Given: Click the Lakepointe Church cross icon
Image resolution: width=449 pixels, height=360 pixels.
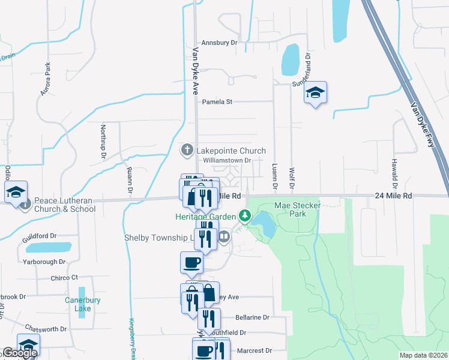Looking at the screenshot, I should point(187,149).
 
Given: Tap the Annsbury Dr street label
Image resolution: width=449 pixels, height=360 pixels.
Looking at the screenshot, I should point(220,43).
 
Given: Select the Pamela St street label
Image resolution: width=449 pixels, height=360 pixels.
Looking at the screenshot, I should point(217,102).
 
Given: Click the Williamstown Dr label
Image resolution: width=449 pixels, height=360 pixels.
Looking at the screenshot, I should point(226,160).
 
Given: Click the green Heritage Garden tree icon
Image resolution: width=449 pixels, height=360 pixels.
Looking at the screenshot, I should point(244,215).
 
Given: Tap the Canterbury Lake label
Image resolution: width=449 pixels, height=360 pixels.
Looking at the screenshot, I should point(78,304).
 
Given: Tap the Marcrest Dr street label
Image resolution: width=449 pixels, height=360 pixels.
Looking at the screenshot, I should point(254,350).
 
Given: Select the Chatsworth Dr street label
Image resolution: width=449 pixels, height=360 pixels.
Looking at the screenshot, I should point(46,329).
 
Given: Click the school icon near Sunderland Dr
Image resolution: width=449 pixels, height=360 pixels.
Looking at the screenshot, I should point(315,92).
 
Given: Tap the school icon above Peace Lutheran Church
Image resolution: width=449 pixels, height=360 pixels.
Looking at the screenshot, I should point(16,192).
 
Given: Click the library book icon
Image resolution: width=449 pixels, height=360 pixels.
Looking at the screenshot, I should point(224,237).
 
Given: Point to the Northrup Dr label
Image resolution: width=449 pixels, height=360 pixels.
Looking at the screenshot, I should point(103,142).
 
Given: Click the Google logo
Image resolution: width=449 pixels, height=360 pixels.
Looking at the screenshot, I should point(19,353).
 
